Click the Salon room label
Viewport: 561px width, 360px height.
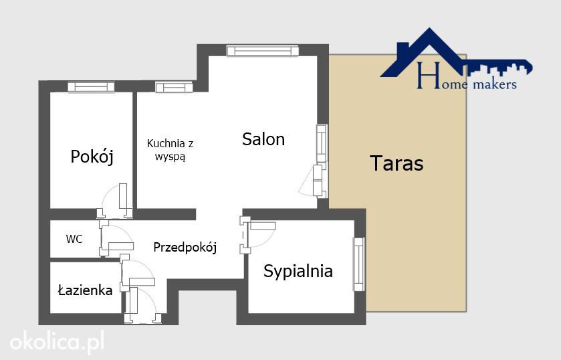click(x=263, y=139)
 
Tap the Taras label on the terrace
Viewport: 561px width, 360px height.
click(x=397, y=163)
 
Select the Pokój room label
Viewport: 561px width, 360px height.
click(x=92, y=157)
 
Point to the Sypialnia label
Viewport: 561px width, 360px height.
click(x=298, y=271)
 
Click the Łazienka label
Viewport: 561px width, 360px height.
click(x=85, y=290)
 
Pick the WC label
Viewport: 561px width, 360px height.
click(x=74, y=239)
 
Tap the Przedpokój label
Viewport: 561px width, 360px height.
click(x=185, y=247)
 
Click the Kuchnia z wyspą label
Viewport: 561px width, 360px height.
click(x=171, y=150)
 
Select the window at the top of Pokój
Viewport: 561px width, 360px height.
click(x=91, y=87)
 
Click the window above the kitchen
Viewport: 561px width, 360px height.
click(x=174, y=87)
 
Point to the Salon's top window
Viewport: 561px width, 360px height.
click(x=263, y=50)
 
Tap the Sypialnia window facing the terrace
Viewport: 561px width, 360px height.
click(x=359, y=264)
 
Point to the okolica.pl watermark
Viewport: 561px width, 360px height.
click(x=58, y=341)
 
